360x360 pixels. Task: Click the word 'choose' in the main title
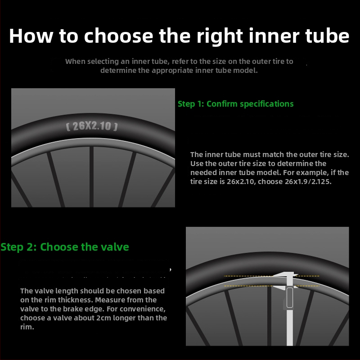click(x=118, y=36)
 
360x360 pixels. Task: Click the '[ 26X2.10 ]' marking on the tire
click(x=92, y=126)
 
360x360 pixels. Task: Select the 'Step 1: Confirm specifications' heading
click(x=235, y=104)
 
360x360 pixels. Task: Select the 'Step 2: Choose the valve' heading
click(x=65, y=247)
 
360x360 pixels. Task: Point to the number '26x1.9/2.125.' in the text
click(x=308, y=182)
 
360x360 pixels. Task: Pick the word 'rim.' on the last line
click(x=27, y=327)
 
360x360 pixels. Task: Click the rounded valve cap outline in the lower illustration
click(x=290, y=297)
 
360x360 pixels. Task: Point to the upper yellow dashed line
click(x=272, y=276)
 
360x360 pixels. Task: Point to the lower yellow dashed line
click(x=272, y=286)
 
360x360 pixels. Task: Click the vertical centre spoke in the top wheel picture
click(x=92, y=177)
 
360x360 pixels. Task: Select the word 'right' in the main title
click(x=220, y=37)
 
